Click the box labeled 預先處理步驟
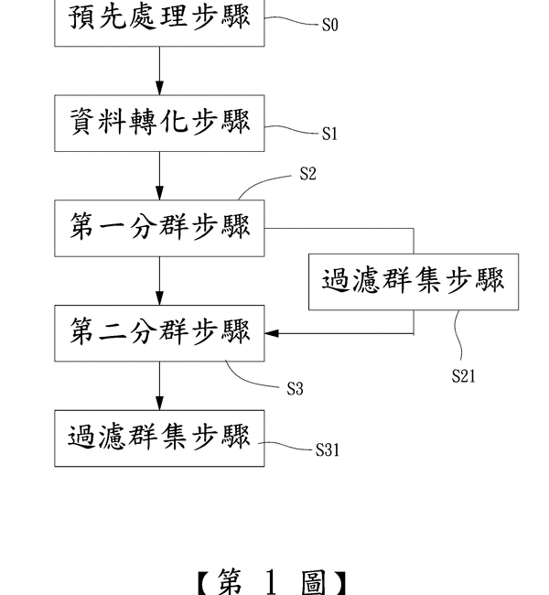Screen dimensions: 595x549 [x=160, y=20]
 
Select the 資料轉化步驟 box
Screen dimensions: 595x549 [x=160, y=123]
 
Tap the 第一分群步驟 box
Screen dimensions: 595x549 [x=160, y=227]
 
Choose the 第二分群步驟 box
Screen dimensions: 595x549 [x=160, y=332]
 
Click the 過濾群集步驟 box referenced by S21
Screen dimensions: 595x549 [x=414, y=281]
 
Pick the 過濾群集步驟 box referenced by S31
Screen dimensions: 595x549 [x=160, y=438]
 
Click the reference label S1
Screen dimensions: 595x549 [x=329, y=135]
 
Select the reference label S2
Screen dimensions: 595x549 [x=307, y=174]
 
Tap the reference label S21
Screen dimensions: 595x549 [x=463, y=375]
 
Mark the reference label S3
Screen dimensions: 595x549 [x=294, y=389]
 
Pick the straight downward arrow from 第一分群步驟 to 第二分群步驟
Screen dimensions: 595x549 [x=160, y=280]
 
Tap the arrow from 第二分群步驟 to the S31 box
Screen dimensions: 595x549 [x=160, y=385]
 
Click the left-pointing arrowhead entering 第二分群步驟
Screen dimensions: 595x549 [x=273, y=333]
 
